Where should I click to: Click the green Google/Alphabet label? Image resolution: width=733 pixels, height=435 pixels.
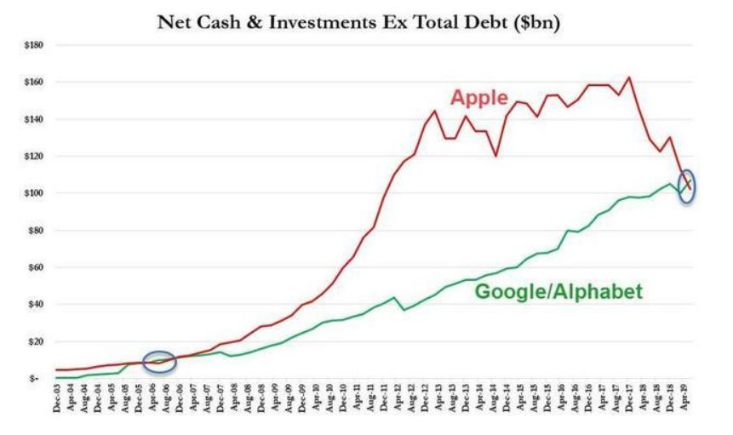click(558, 291)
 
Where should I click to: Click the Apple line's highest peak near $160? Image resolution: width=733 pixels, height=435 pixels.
click(628, 78)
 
